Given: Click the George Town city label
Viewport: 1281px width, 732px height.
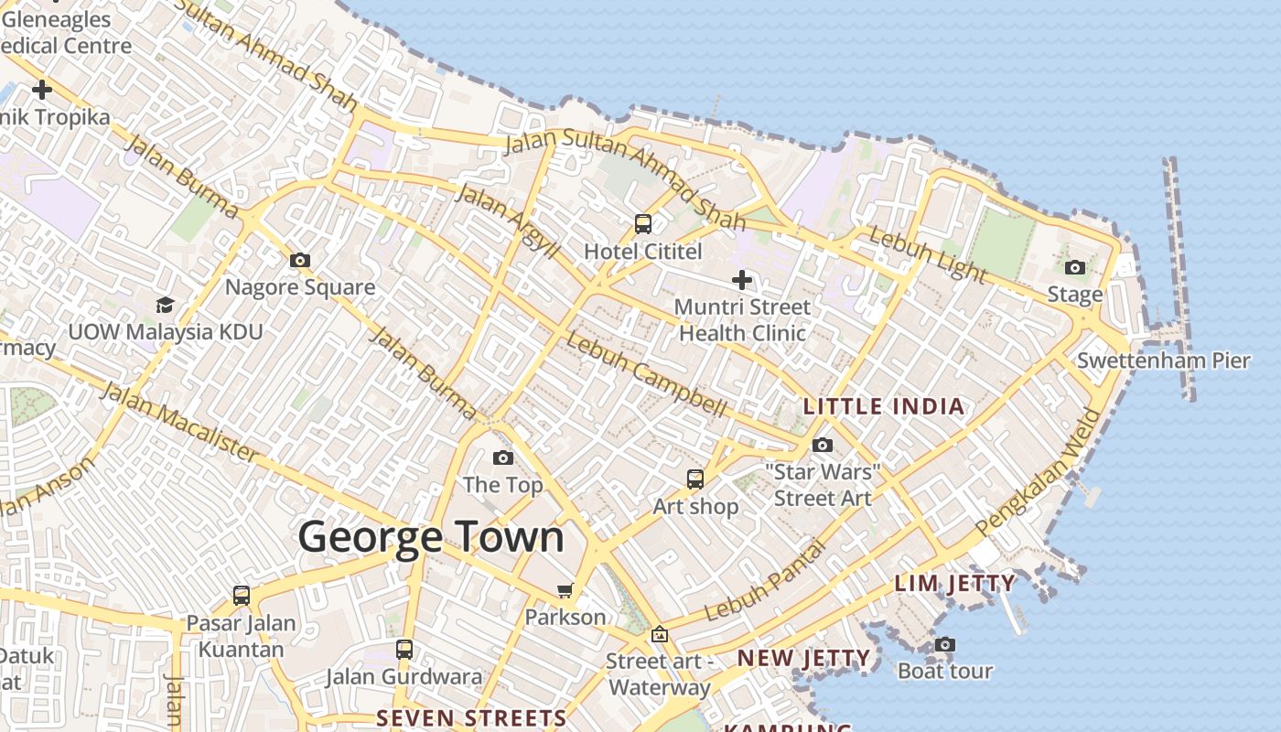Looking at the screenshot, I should (431, 536).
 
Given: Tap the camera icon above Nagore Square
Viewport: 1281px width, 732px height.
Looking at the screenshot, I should (300, 261).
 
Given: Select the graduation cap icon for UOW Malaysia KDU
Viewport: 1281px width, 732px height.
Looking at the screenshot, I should (165, 305).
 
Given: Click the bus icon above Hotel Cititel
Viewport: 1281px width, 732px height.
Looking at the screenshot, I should (643, 224).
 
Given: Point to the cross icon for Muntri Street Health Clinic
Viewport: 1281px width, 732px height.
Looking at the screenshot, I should (742, 280).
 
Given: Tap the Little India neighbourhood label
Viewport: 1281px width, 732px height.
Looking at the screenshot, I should (884, 406).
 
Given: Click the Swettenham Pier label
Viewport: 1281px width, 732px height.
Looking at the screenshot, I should (1163, 361).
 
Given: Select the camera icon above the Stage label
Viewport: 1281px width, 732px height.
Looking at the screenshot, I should (1075, 268).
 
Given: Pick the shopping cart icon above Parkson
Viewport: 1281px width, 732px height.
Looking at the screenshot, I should (565, 591).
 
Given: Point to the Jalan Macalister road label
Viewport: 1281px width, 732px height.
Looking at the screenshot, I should (179, 422).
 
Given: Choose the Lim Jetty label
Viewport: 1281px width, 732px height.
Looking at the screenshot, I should (954, 583).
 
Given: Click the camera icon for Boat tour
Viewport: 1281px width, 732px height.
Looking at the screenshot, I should (945, 645).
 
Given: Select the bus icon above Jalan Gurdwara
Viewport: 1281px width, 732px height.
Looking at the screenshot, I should (404, 650).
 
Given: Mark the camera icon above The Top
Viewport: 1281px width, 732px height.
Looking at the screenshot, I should (503, 458).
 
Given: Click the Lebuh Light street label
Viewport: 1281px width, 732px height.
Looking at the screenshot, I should (928, 255).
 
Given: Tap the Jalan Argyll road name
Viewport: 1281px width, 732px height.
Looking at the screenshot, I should (507, 221).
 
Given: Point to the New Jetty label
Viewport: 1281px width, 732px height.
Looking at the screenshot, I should (803, 658).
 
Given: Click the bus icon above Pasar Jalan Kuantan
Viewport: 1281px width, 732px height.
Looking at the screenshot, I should (242, 596).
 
